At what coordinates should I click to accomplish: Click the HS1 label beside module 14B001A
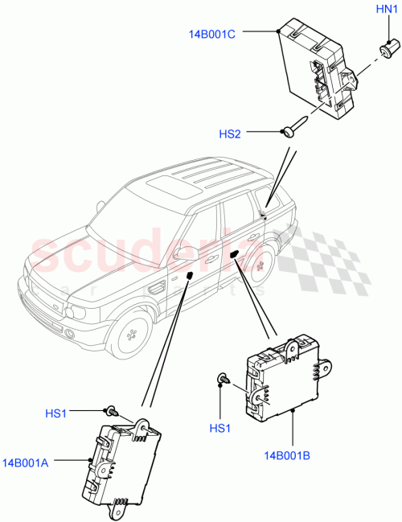[x=55, y=413]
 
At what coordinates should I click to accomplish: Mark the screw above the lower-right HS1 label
[x=222, y=379]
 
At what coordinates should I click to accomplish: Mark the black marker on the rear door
[x=233, y=253]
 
